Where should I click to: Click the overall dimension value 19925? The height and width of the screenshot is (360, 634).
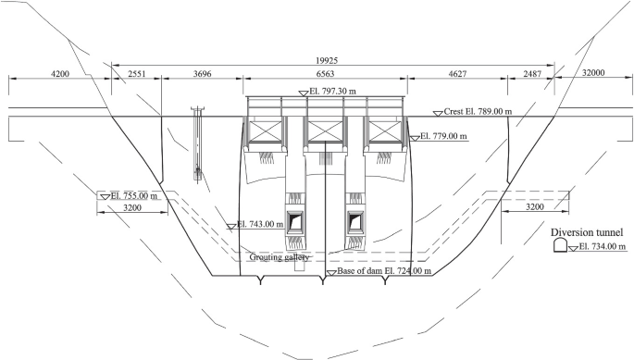pyautogui.click(x=327, y=61)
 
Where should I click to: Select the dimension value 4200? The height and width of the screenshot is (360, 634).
pyautogui.click(x=60, y=74)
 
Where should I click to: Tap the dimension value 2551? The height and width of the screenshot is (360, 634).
pyautogui.click(x=136, y=74)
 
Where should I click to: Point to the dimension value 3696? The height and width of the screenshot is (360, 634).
pyautogui.click(x=202, y=74)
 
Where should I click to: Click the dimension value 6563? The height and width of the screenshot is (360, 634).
pyautogui.click(x=325, y=74)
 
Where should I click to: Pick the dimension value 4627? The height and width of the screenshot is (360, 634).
pyautogui.click(x=457, y=74)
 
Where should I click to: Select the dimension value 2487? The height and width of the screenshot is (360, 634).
pyautogui.click(x=532, y=74)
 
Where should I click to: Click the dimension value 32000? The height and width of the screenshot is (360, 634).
pyautogui.click(x=593, y=73)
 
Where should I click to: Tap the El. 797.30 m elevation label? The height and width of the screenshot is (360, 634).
pyautogui.click(x=333, y=92)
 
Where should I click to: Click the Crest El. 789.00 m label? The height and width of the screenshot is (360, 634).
pyautogui.click(x=478, y=111)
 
